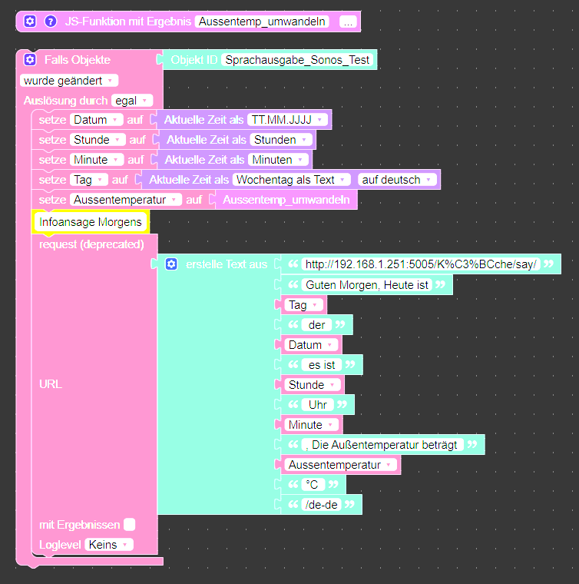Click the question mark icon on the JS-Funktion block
(51, 22)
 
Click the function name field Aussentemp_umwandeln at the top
(263, 22)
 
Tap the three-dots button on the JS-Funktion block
(348, 22)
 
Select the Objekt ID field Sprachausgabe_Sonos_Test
(297, 60)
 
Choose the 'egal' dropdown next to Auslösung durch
(132, 100)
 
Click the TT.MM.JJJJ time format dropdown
(288, 120)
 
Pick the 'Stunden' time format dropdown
(281, 140)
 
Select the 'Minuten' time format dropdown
(278, 160)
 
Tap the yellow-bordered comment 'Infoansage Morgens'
(91, 222)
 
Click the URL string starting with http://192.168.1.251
(421, 264)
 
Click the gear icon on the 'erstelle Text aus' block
(171, 264)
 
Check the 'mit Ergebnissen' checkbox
(130, 525)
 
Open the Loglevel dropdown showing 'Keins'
(108, 544)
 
